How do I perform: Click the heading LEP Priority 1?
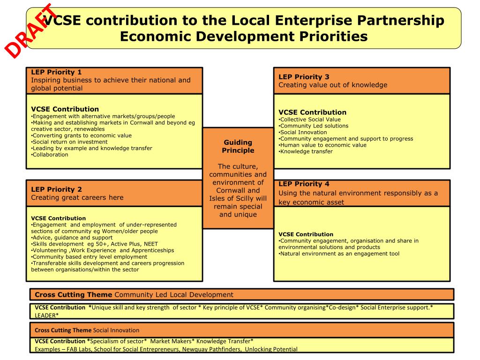tap(56, 72)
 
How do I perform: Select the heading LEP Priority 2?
tap(56, 189)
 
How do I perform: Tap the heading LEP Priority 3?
tap(304, 77)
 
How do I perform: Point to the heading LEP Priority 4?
tap(304, 184)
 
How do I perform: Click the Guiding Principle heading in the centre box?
tap(238, 146)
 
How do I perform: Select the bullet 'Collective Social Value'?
tap(310, 119)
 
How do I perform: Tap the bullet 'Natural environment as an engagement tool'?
tap(339, 254)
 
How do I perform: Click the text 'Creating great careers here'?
tap(77, 197)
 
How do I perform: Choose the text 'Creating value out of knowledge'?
tap(333, 85)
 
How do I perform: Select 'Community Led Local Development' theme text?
tap(174, 295)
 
